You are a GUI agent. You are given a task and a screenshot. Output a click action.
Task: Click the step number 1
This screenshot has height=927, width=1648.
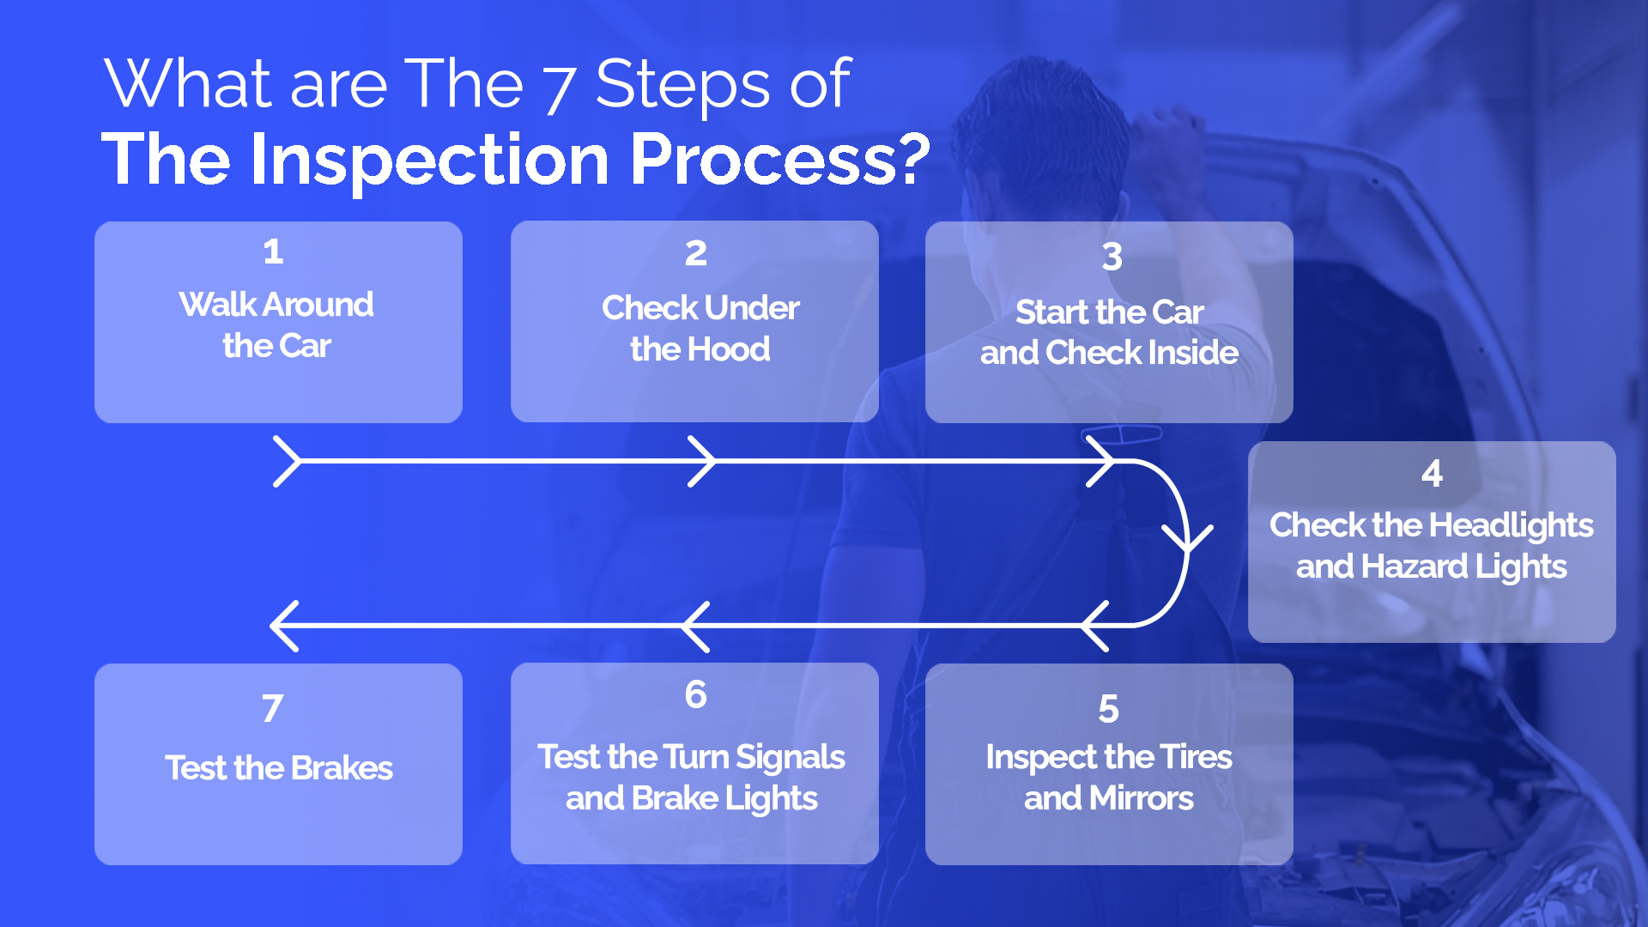point(273,251)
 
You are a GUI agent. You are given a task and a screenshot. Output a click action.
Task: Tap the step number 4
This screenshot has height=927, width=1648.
point(1432,473)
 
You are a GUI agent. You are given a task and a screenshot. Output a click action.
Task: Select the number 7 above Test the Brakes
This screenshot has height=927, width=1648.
point(272,708)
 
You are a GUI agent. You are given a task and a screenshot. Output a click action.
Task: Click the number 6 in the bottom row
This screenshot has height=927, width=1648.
point(695,694)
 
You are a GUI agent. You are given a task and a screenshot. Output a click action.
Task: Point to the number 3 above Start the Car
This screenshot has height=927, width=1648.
point(1112,256)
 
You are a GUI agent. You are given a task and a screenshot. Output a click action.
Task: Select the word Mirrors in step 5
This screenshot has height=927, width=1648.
point(1141,798)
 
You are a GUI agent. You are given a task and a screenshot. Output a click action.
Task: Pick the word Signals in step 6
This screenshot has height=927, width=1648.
point(790,757)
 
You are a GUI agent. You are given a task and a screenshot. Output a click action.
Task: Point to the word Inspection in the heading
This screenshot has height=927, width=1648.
point(429,160)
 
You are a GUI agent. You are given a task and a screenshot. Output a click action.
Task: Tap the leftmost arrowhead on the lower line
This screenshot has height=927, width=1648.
point(283,626)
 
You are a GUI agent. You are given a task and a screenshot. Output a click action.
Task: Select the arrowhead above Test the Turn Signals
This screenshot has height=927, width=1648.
point(695,626)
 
